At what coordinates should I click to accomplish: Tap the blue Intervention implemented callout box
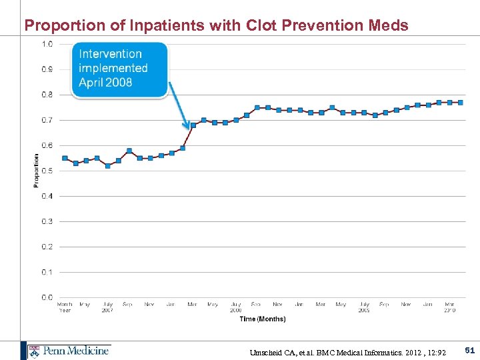point(119,69)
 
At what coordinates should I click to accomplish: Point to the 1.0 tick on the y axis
point(48,44)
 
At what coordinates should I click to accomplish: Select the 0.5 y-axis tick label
point(48,171)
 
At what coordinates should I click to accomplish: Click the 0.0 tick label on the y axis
point(48,297)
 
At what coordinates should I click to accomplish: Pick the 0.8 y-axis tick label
point(48,95)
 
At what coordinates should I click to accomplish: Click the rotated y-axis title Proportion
point(36,171)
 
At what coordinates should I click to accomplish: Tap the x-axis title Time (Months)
point(262,319)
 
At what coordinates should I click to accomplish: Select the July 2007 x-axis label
point(107,307)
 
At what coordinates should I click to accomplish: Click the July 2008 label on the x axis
point(235,307)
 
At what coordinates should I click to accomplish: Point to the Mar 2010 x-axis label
point(449,307)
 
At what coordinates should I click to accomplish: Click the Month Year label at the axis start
point(65,307)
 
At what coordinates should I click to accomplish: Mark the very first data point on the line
point(65,158)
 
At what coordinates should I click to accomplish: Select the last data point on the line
point(460,102)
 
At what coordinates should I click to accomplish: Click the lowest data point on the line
point(107,165)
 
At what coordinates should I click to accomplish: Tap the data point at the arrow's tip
point(193,125)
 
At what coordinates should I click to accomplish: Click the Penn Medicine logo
point(68,351)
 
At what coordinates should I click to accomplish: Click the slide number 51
point(469,350)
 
